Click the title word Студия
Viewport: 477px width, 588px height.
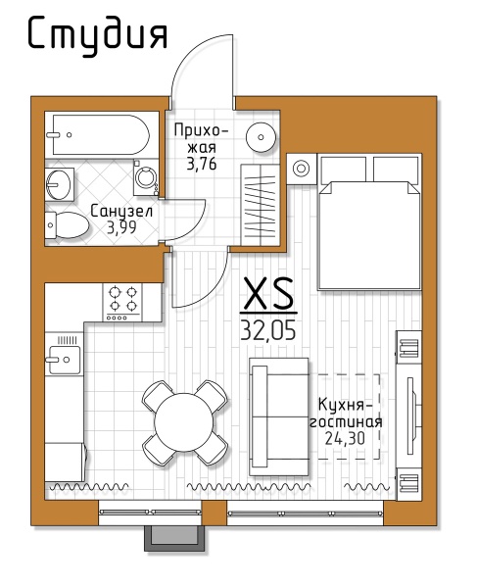(x=97, y=35)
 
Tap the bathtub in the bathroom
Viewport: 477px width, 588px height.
(x=102, y=134)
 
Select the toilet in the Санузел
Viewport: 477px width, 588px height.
(x=67, y=225)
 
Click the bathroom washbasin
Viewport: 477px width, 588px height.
(x=59, y=184)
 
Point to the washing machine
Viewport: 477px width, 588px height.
(x=146, y=177)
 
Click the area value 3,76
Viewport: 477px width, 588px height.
(x=202, y=164)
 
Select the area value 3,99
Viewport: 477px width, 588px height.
(x=121, y=227)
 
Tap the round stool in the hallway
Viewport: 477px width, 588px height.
(x=262, y=137)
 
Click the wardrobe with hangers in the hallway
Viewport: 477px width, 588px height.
(x=260, y=205)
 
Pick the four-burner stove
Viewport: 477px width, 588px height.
(x=122, y=302)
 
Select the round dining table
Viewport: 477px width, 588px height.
(x=183, y=422)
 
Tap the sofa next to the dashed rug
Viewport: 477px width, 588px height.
(x=279, y=416)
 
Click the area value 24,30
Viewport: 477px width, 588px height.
(x=345, y=438)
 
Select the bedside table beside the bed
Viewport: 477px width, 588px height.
(x=301, y=169)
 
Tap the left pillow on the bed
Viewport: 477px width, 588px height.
(x=343, y=170)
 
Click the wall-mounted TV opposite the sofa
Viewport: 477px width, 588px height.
(x=411, y=416)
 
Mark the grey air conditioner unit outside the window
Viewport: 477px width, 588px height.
(x=174, y=538)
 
